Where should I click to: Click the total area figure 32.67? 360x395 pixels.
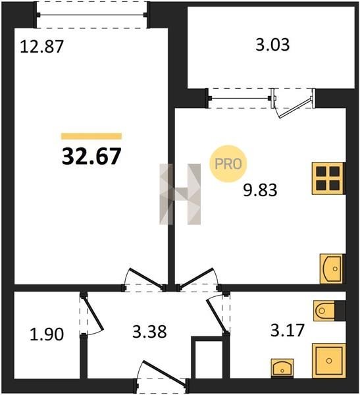click(x=91, y=156)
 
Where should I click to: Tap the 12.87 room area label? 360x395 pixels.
click(x=41, y=47)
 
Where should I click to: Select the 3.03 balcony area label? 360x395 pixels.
click(x=272, y=45)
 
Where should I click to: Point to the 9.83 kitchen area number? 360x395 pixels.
click(x=260, y=190)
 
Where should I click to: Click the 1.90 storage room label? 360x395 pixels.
click(x=47, y=335)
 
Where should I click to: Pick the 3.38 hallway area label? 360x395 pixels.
click(x=149, y=332)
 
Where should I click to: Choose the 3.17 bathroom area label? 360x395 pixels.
click(x=288, y=330)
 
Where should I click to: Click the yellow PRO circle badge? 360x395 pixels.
click(x=228, y=164)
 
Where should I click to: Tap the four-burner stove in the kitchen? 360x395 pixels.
click(x=328, y=178)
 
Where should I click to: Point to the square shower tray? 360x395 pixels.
click(x=329, y=361)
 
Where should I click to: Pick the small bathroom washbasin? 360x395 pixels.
click(x=282, y=368)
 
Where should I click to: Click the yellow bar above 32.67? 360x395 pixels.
click(x=91, y=136)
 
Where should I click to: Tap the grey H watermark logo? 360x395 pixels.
click(x=180, y=194)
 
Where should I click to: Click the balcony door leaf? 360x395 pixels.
click(x=295, y=107)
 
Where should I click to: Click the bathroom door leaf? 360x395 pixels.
click(x=217, y=315)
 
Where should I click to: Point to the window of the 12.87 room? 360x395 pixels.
click(x=91, y=15)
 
